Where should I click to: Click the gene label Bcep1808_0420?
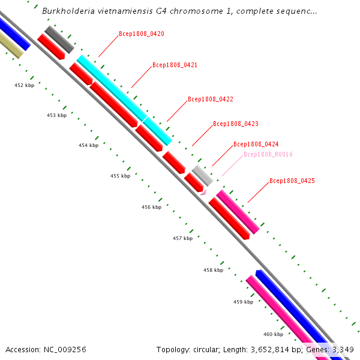point(142,34)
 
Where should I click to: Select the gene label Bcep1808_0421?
point(175,65)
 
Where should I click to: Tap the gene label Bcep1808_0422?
point(211,99)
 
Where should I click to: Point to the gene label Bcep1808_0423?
point(236,124)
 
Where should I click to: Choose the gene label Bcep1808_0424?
point(256,145)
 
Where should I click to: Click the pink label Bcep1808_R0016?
point(268,155)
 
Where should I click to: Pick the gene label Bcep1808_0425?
point(292,181)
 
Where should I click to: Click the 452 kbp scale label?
point(24,85)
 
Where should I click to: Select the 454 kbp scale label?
point(88,146)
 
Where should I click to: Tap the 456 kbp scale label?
point(151,207)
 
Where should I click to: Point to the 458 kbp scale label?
point(213,271)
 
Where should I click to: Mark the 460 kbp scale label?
point(273,334)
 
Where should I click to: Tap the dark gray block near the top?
point(59,40)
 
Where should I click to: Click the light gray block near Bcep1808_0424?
point(202,175)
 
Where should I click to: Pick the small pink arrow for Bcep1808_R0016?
point(203,191)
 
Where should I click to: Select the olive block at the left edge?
point(11,46)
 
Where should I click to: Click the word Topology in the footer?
point(173,349)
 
